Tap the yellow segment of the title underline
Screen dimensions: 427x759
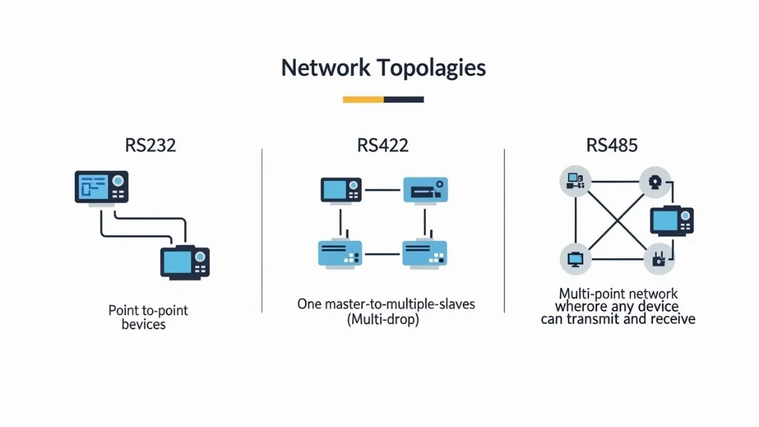tap(363, 99)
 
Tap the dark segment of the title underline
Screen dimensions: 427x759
tap(404, 99)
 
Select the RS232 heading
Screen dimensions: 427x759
tap(150, 145)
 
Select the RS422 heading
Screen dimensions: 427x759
tap(383, 145)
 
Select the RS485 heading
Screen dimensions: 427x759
tap(612, 145)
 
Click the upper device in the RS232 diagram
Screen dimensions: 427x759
tap(102, 187)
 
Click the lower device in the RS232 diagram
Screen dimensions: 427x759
tap(184, 262)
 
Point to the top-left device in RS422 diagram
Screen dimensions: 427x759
tap(341, 190)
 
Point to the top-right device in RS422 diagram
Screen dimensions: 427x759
tap(426, 190)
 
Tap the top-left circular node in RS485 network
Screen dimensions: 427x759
tap(576, 182)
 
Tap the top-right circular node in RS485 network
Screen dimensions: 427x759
tap(654, 182)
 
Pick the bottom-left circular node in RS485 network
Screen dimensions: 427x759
tap(576, 259)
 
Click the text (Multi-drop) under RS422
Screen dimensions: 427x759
tap(383, 320)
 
